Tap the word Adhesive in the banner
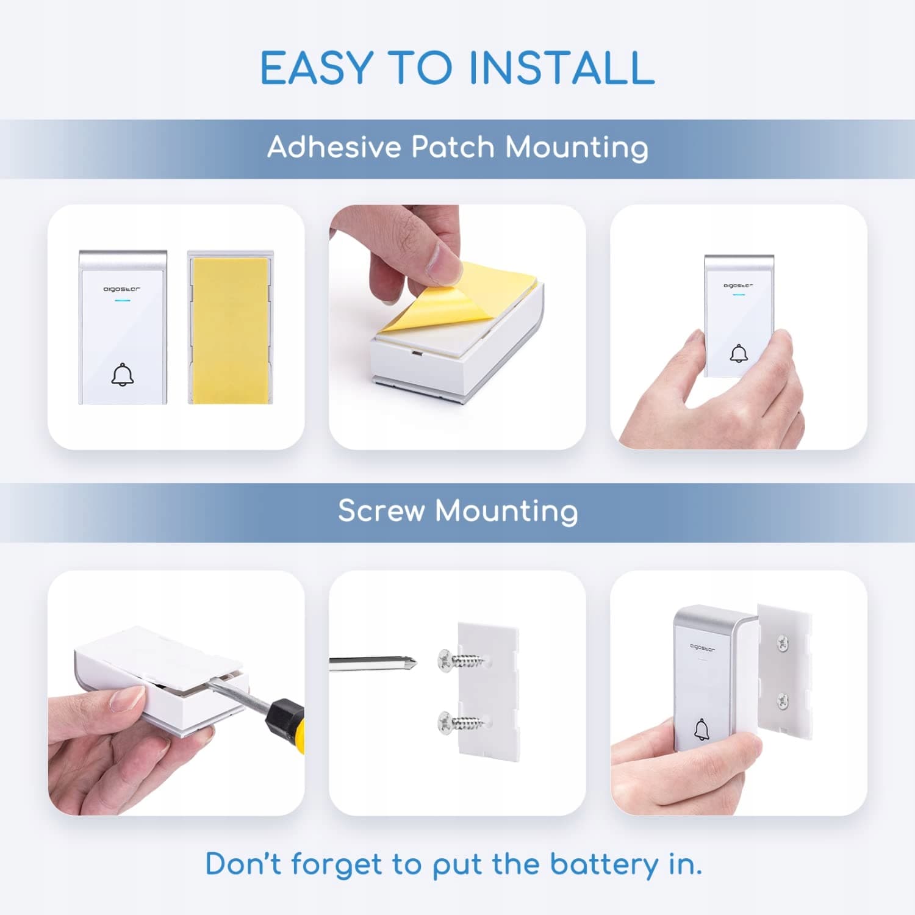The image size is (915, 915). (x=334, y=147)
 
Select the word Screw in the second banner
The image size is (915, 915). (x=381, y=511)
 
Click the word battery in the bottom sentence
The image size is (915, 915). (x=604, y=865)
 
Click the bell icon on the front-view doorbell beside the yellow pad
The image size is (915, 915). (x=123, y=375)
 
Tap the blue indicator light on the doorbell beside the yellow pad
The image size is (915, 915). (x=123, y=300)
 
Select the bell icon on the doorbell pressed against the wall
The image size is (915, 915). (x=739, y=353)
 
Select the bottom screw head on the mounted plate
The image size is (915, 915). (x=783, y=702)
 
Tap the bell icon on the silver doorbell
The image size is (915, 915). (x=701, y=730)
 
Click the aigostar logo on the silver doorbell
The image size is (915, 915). (x=703, y=647)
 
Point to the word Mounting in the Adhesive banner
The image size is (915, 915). (x=577, y=148)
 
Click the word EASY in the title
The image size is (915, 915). (x=317, y=67)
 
